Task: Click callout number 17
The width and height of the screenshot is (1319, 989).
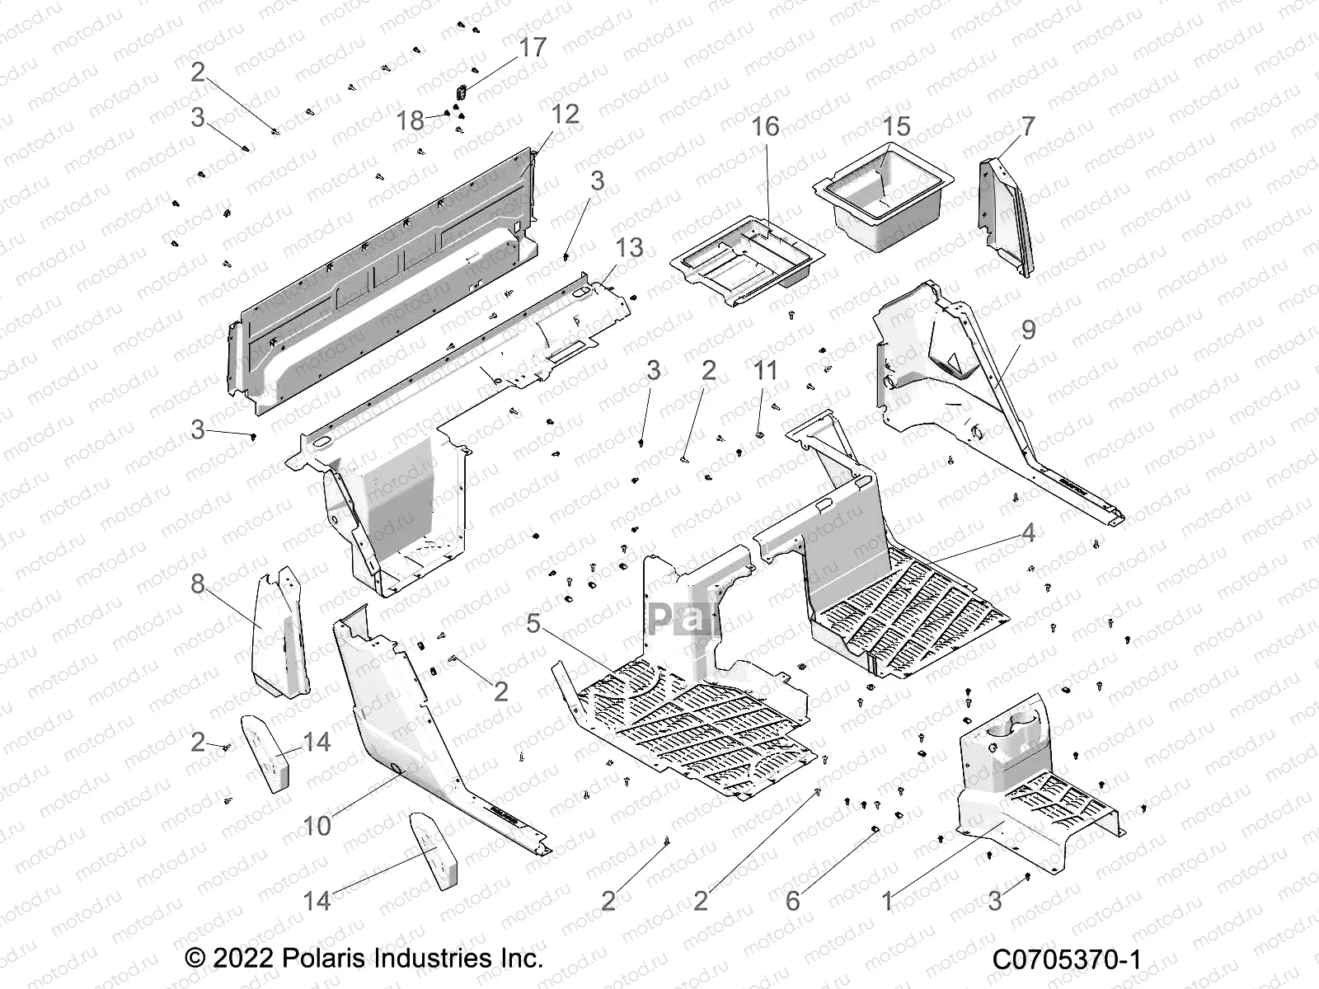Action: [533, 48]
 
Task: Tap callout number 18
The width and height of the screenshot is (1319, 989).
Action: [410, 121]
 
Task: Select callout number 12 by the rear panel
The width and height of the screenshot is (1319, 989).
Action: [565, 114]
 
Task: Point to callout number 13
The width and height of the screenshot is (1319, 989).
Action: [629, 247]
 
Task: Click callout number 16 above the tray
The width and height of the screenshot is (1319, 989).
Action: [765, 126]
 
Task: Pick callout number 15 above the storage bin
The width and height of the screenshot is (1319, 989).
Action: [896, 126]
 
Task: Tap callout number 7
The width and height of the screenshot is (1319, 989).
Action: [1027, 126]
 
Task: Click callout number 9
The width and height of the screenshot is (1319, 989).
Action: [1028, 330]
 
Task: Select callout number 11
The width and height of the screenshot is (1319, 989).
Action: [765, 371]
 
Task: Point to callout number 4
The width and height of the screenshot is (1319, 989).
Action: [1028, 532]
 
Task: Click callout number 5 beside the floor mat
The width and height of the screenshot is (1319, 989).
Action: [533, 623]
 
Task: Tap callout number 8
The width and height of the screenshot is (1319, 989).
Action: [198, 584]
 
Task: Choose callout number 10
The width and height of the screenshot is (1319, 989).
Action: [317, 825]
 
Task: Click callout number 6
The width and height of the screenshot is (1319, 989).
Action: [792, 901]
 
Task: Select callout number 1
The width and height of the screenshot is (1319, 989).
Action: [887, 901]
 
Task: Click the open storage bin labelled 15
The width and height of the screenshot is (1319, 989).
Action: [882, 198]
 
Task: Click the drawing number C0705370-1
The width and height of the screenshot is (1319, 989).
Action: [1066, 959]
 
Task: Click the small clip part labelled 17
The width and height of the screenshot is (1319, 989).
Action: [462, 89]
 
